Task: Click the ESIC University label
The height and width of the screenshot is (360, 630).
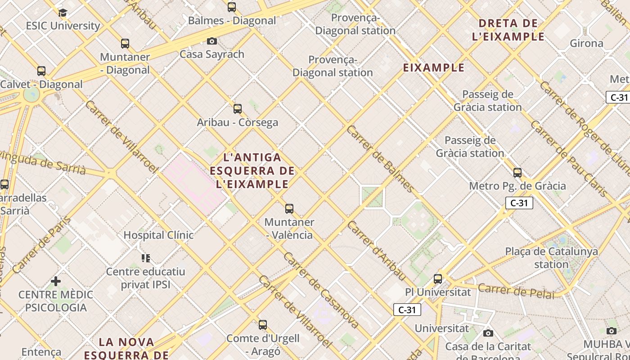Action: coord(63,26)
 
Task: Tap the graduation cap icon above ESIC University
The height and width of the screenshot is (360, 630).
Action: coord(63,12)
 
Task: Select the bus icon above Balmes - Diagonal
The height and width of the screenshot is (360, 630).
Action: coord(232,7)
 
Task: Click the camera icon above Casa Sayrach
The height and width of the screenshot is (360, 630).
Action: coord(212,41)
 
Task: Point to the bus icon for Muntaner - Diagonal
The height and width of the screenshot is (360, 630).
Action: coord(125,44)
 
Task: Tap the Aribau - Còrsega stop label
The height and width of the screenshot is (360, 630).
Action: coord(238,122)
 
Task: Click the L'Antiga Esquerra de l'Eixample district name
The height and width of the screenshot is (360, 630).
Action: coord(252,171)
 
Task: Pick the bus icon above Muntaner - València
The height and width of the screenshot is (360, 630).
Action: coord(289,209)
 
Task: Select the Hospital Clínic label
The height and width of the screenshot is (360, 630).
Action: coord(158,235)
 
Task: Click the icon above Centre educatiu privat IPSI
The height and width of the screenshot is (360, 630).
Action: coord(146,258)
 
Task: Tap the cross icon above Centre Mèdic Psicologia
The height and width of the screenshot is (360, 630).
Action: coord(56,281)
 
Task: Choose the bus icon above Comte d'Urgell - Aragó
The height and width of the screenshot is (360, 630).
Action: coord(263,324)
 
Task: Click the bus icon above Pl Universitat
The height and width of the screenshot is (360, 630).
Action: coord(438,279)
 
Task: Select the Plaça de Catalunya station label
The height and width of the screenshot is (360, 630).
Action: coord(551,258)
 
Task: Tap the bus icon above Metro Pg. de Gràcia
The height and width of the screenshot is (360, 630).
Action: coord(517,172)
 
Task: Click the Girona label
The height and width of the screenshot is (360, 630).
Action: coord(586,43)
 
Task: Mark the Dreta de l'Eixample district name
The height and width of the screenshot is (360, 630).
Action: coord(508,30)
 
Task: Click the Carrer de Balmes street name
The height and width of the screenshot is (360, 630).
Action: coord(380,158)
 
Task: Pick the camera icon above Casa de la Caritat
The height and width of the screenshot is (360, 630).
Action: coord(488,333)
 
